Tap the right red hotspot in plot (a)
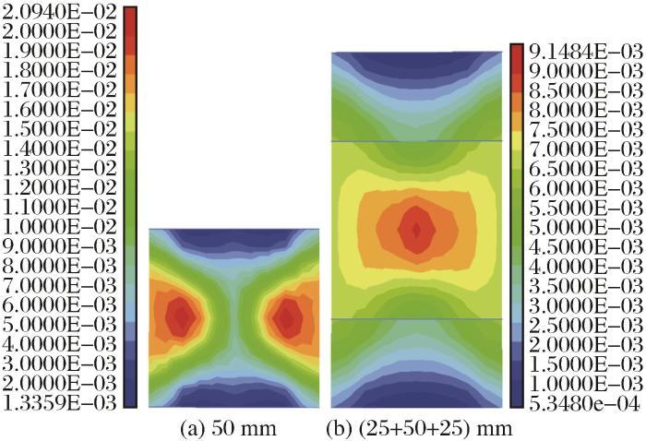288,317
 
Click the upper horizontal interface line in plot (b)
416,141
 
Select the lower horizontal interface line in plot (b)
416,318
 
